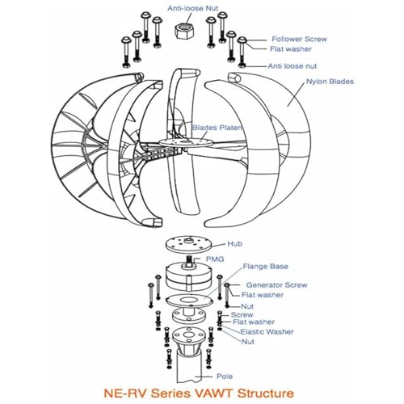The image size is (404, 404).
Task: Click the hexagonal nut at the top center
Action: pyautogui.click(x=184, y=32)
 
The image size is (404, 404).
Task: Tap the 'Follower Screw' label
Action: pyautogui.click(x=299, y=39)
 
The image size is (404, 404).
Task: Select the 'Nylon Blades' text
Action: pyautogui.click(x=330, y=82)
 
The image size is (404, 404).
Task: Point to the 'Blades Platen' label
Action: pyautogui.click(x=217, y=128)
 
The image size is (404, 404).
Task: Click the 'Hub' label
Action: pyautogui.click(x=234, y=244)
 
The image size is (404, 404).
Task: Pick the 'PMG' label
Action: pyautogui.click(x=215, y=259)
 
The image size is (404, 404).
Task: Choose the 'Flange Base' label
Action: pyautogui.click(x=266, y=267)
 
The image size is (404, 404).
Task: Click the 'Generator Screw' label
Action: pyautogui.click(x=276, y=285)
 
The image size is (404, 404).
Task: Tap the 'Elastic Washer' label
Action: pyautogui.click(x=267, y=332)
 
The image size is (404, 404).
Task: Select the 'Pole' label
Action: pyautogui.click(x=225, y=377)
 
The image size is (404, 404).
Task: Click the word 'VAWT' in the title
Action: pyautogui.click(x=214, y=393)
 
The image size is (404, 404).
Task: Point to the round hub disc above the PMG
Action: pyautogui.click(x=188, y=245)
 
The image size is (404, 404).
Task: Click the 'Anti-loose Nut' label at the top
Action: pyautogui.click(x=193, y=8)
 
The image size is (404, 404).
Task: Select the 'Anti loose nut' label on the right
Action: pyautogui.click(x=292, y=66)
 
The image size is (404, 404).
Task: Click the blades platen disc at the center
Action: pyautogui.click(x=185, y=142)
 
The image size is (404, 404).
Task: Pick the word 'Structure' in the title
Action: pyautogui.click(x=266, y=393)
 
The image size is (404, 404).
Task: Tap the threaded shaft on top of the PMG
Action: pyautogui.click(x=189, y=262)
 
